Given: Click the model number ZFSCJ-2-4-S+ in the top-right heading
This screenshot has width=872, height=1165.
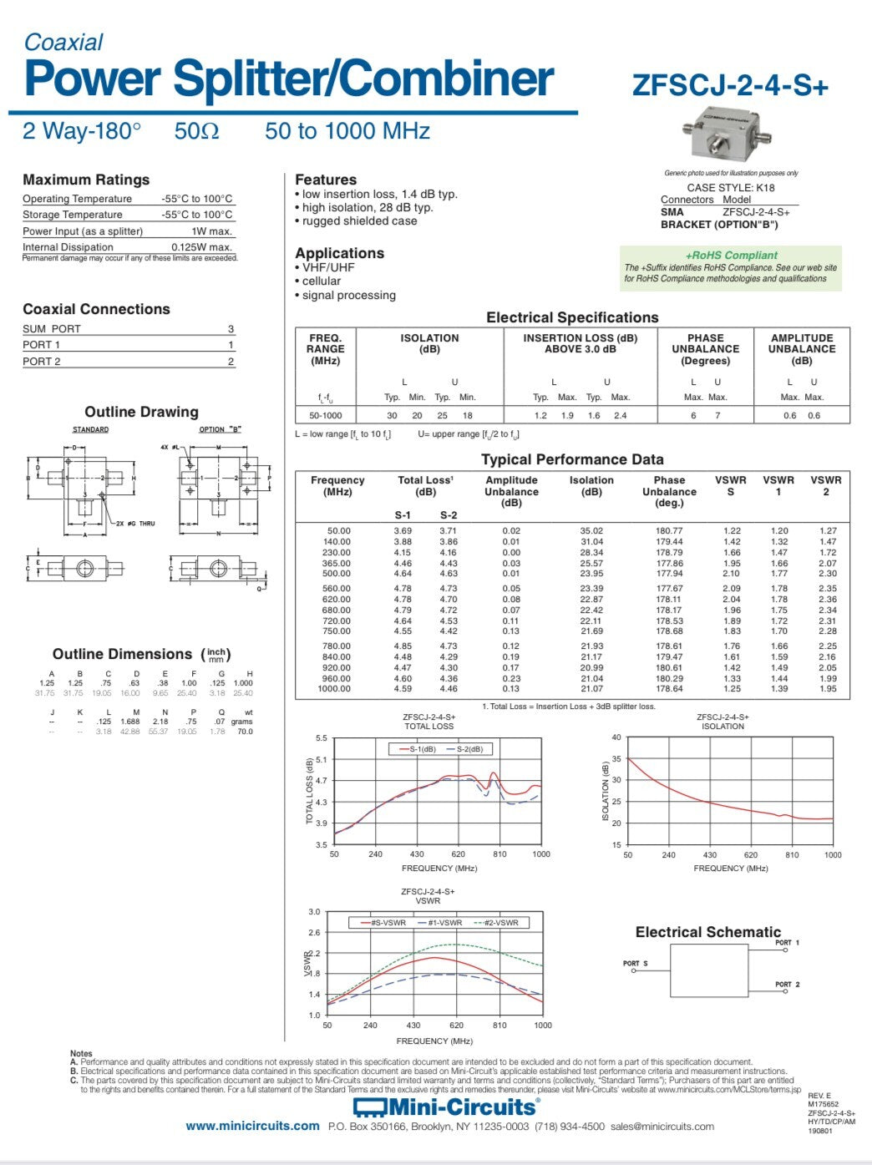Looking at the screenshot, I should [730, 86].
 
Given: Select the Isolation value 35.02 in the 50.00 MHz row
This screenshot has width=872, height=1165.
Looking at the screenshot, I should [591, 531].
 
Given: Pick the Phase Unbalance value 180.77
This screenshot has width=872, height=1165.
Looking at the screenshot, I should [669, 531].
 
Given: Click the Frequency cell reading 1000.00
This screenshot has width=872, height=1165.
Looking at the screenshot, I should [334, 689].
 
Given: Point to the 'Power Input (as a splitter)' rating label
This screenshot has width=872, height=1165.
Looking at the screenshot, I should [83, 231].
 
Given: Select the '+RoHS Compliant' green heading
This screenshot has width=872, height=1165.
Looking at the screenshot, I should [731, 256].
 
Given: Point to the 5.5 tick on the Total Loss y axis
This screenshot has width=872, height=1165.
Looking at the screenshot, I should [322, 738].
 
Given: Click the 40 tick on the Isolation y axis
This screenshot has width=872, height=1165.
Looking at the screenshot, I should [616, 737].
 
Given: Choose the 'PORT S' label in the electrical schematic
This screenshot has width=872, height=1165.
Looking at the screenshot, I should [635, 964].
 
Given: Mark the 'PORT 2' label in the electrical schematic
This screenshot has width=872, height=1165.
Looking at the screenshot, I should [787, 985].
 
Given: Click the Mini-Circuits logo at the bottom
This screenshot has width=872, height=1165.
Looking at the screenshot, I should [445, 1107].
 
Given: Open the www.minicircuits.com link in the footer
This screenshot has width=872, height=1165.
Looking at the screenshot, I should [252, 1126].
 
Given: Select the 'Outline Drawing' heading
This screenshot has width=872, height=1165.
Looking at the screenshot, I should [141, 412].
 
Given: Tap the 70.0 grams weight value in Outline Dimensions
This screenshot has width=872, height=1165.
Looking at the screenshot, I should [244, 732].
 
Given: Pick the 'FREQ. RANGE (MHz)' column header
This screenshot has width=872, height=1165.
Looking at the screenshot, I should [325, 349].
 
